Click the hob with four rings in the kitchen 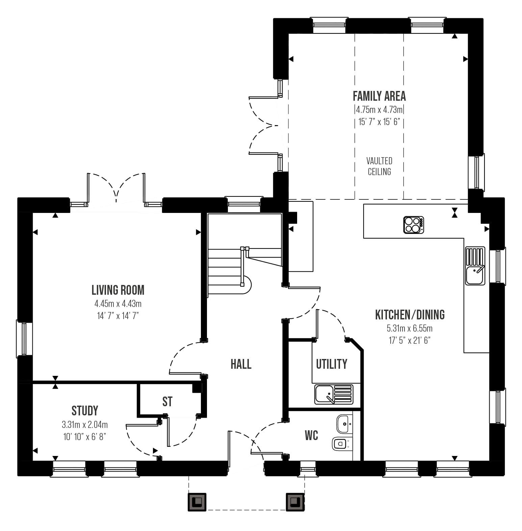coord(414,225)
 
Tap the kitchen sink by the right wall coord(475,266)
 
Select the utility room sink coord(334,394)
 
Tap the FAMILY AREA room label coord(379,96)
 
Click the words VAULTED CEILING coord(380,166)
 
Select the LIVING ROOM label coord(118,290)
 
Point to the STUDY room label coord(85,411)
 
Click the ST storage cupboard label coord(167,402)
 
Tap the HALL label coord(241,364)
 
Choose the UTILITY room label coord(332,364)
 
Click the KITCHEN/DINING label coord(410,315)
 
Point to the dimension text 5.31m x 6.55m coord(410,328)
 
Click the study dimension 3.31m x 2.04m coord(85,424)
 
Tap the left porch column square coord(197,502)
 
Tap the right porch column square coord(295,502)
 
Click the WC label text coord(311,435)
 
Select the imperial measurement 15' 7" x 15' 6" coord(379,122)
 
